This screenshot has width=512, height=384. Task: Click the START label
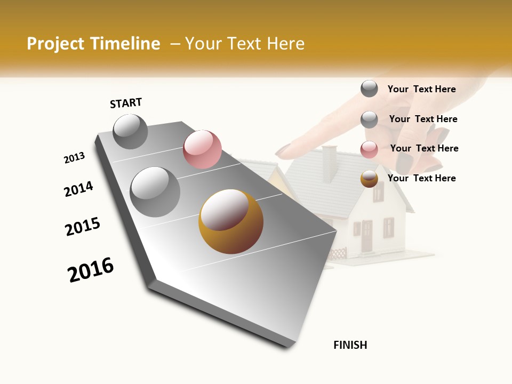[x=126, y=103]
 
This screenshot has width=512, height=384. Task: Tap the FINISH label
[x=350, y=345]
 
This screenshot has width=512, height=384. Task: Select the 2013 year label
[x=74, y=158]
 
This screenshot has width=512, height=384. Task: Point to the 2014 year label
[x=79, y=189]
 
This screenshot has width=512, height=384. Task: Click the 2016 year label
[x=91, y=269]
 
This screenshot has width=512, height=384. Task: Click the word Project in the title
[x=55, y=44]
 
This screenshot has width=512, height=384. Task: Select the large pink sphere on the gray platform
[x=202, y=149]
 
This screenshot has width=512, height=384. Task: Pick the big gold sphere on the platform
[x=231, y=221]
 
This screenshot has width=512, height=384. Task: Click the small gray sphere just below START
[x=130, y=131]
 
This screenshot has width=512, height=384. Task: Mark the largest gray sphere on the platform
[x=155, y=192]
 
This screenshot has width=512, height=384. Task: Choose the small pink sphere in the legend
[x=369, y=149]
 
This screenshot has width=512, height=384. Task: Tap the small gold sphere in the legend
[x=369, y=179]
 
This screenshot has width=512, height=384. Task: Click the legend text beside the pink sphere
[x=424, y=148]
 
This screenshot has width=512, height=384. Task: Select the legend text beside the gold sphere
[x=421, y=178]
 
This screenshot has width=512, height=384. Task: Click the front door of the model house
[x=366, y=236]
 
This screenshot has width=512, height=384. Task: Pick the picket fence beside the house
[x=337, y=253]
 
